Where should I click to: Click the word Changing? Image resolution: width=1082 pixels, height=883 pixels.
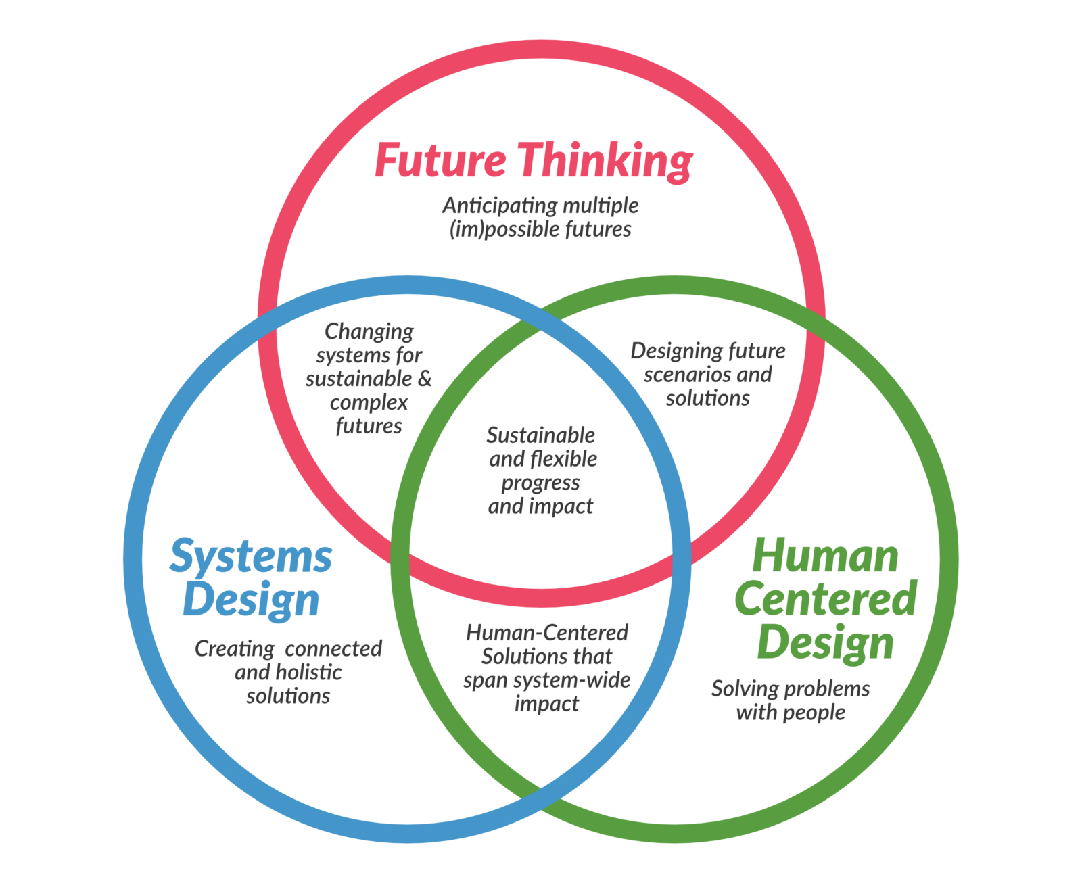369,332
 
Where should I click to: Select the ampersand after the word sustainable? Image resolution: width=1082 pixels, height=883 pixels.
425,378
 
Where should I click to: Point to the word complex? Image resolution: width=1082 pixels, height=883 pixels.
369,403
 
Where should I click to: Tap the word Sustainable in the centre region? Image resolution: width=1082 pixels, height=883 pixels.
541,435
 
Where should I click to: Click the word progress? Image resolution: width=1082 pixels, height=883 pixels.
541,483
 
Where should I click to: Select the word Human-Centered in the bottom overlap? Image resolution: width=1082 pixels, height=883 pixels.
547,633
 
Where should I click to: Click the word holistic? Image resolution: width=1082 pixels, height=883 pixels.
308,673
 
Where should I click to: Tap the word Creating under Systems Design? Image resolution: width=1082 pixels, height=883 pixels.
234,649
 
